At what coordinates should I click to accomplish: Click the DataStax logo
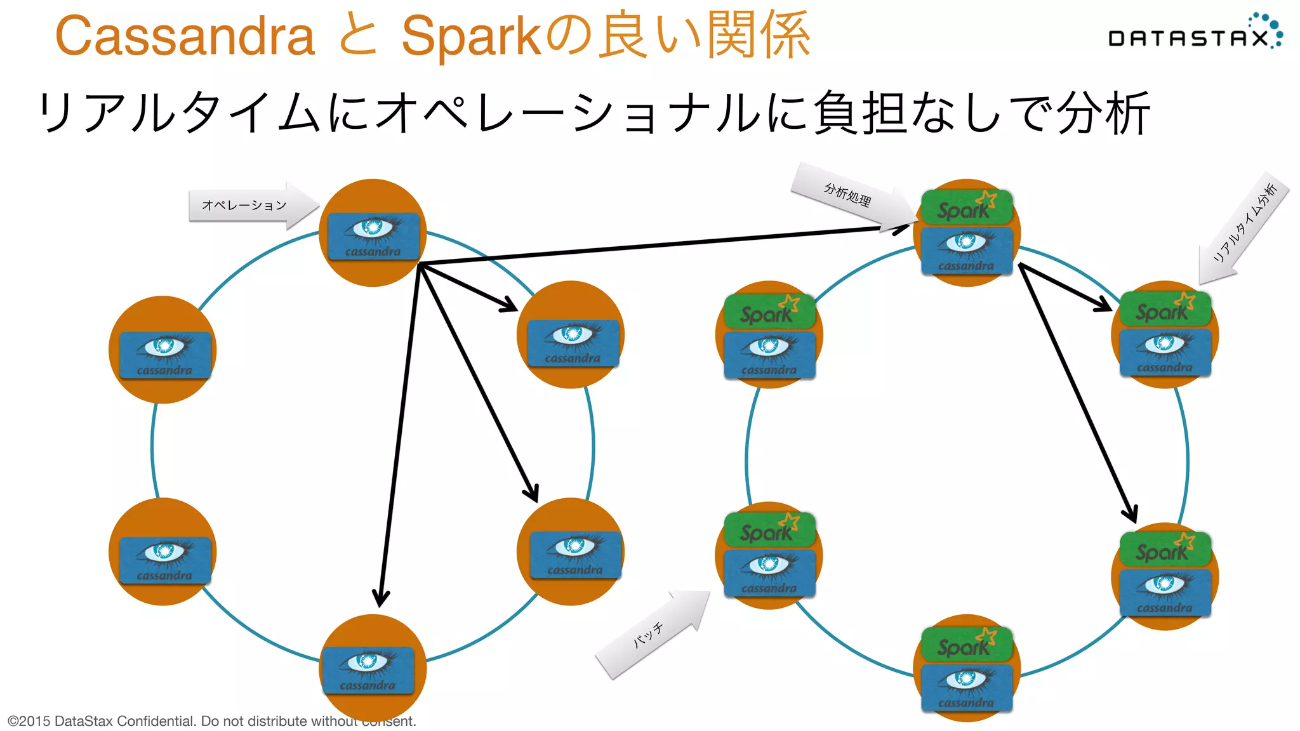(1193, 36)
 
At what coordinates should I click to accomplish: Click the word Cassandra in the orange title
(185, 37)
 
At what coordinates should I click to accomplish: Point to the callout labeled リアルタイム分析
(1245, 223)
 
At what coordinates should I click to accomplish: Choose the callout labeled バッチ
(648, 635)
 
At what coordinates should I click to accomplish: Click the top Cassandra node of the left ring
(373, 234)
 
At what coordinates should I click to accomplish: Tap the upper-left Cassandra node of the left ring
(163, 351)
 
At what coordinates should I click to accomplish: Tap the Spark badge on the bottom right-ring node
(966, 645)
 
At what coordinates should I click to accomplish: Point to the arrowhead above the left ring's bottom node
(381, 596)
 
